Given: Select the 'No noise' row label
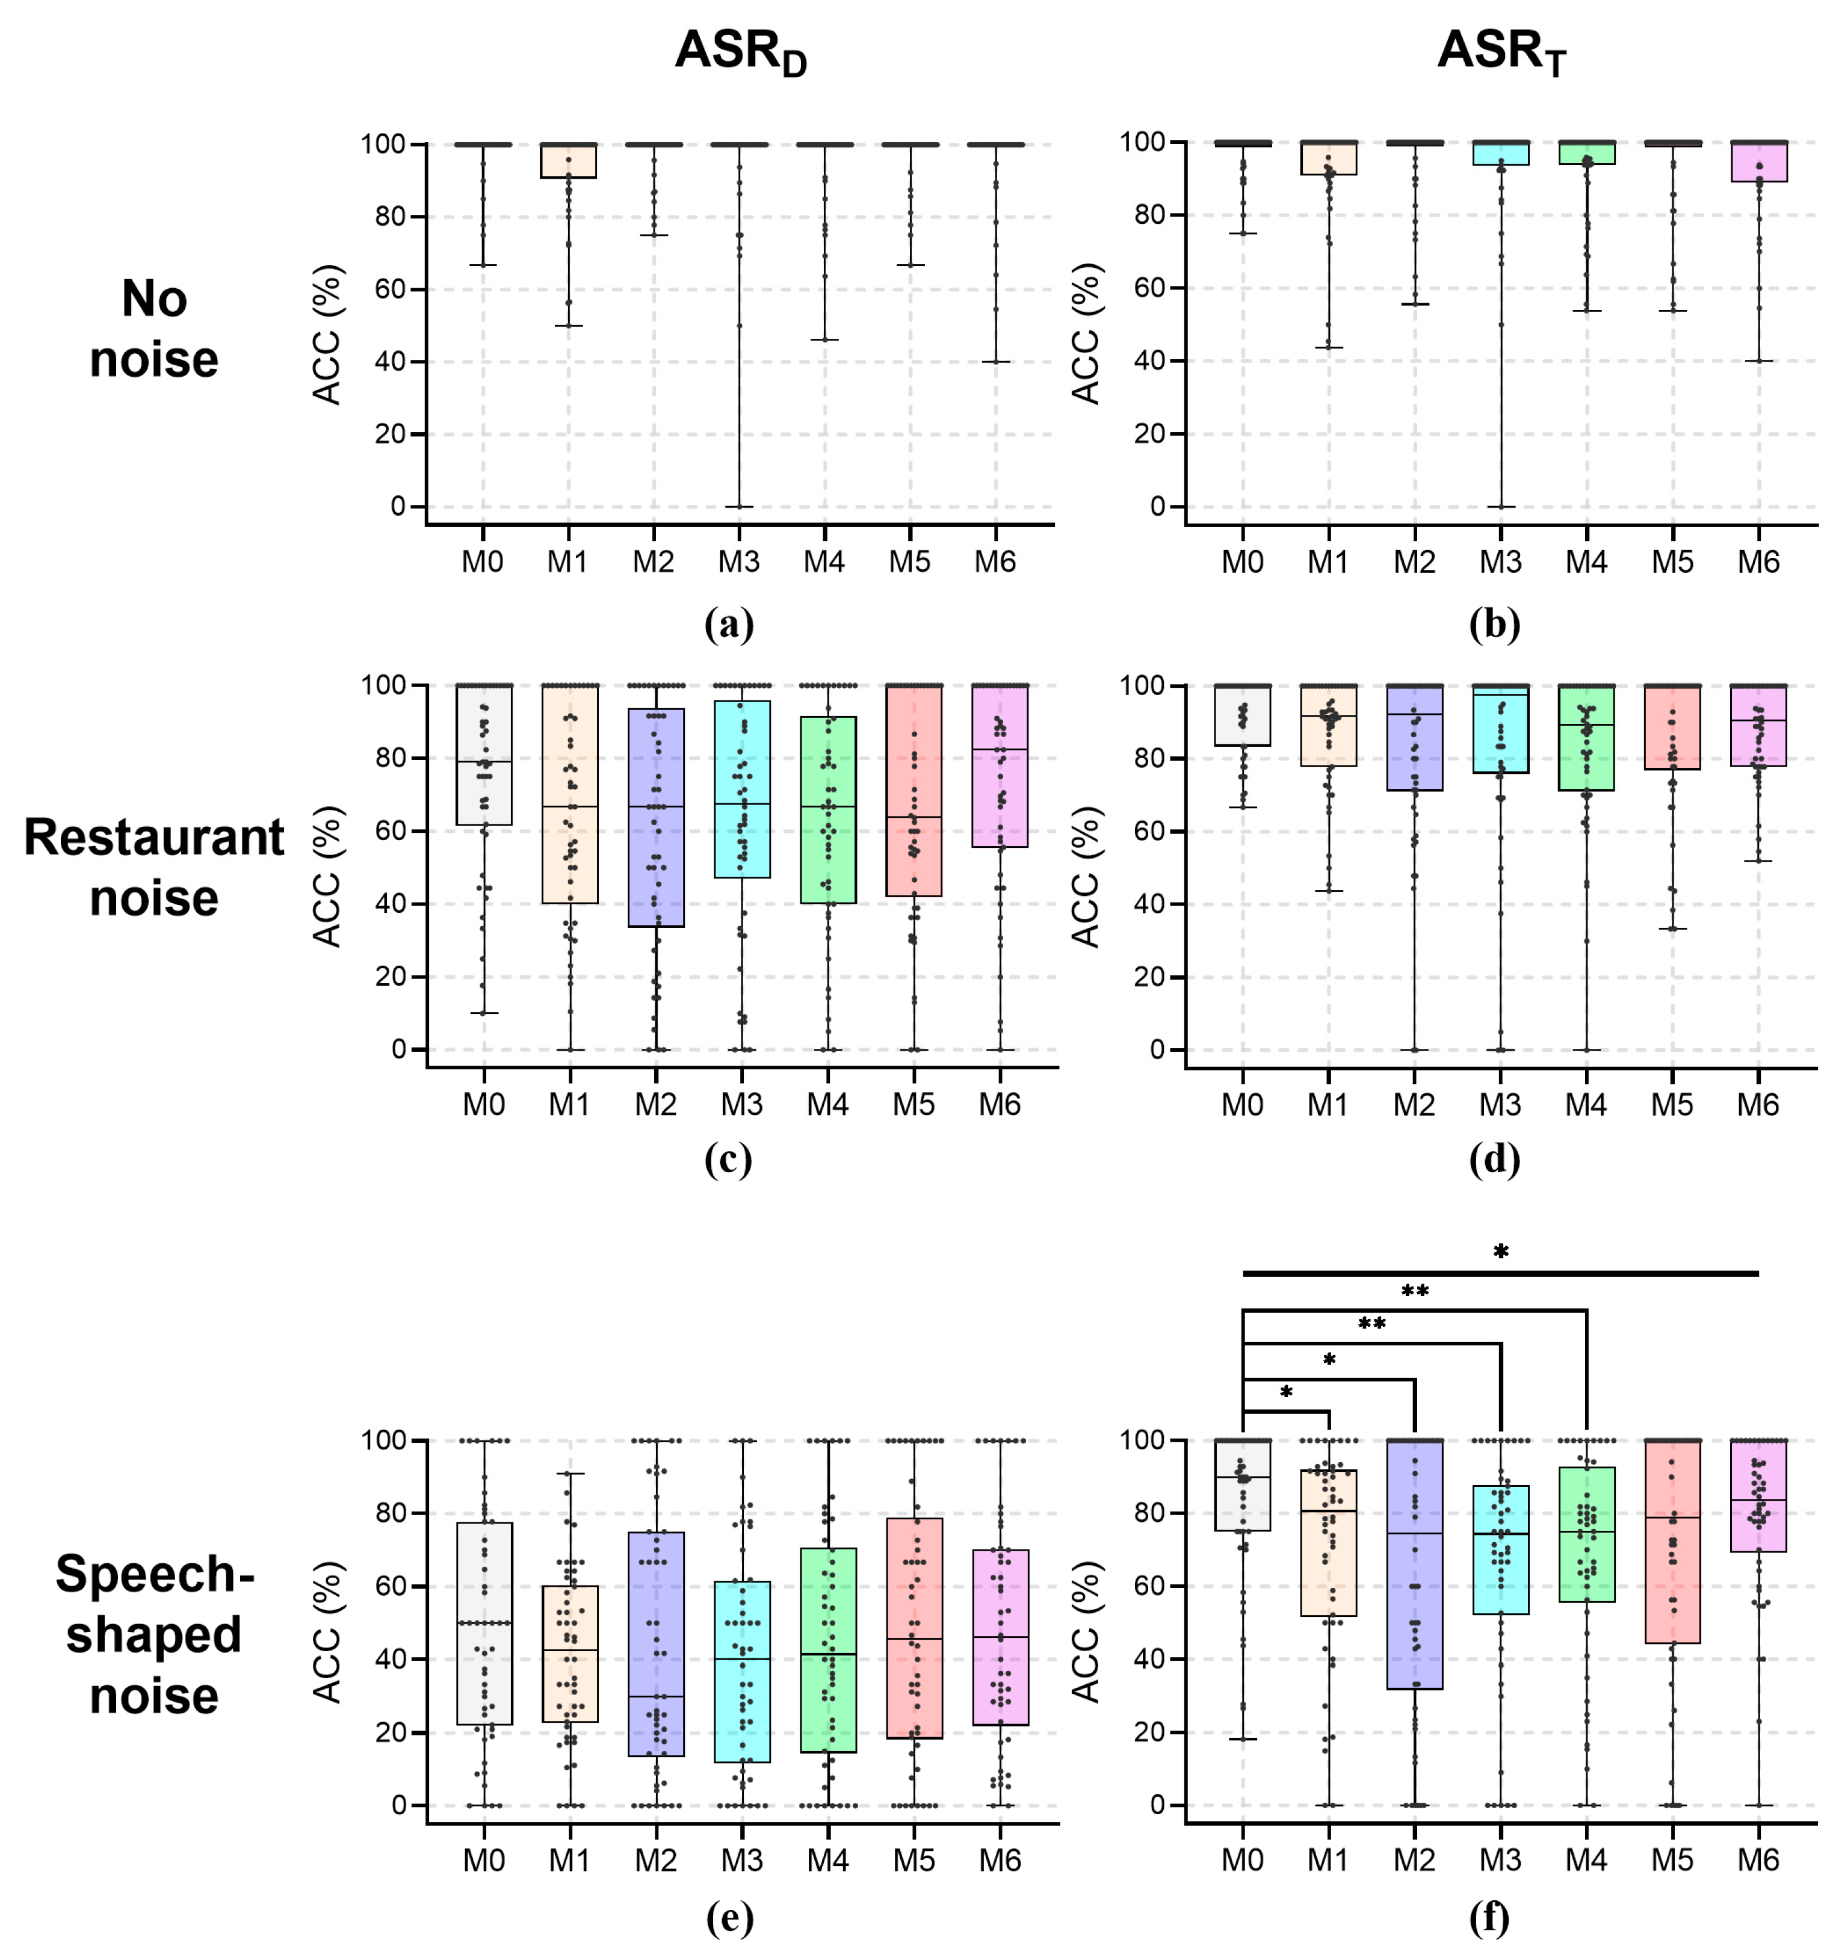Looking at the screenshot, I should coord(154,329).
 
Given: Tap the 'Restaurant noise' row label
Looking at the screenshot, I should coord(154,867).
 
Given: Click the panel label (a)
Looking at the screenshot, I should coord(728,625).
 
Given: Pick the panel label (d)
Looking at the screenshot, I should coord(1494,1160).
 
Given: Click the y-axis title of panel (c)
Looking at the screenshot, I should coord(327,876).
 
